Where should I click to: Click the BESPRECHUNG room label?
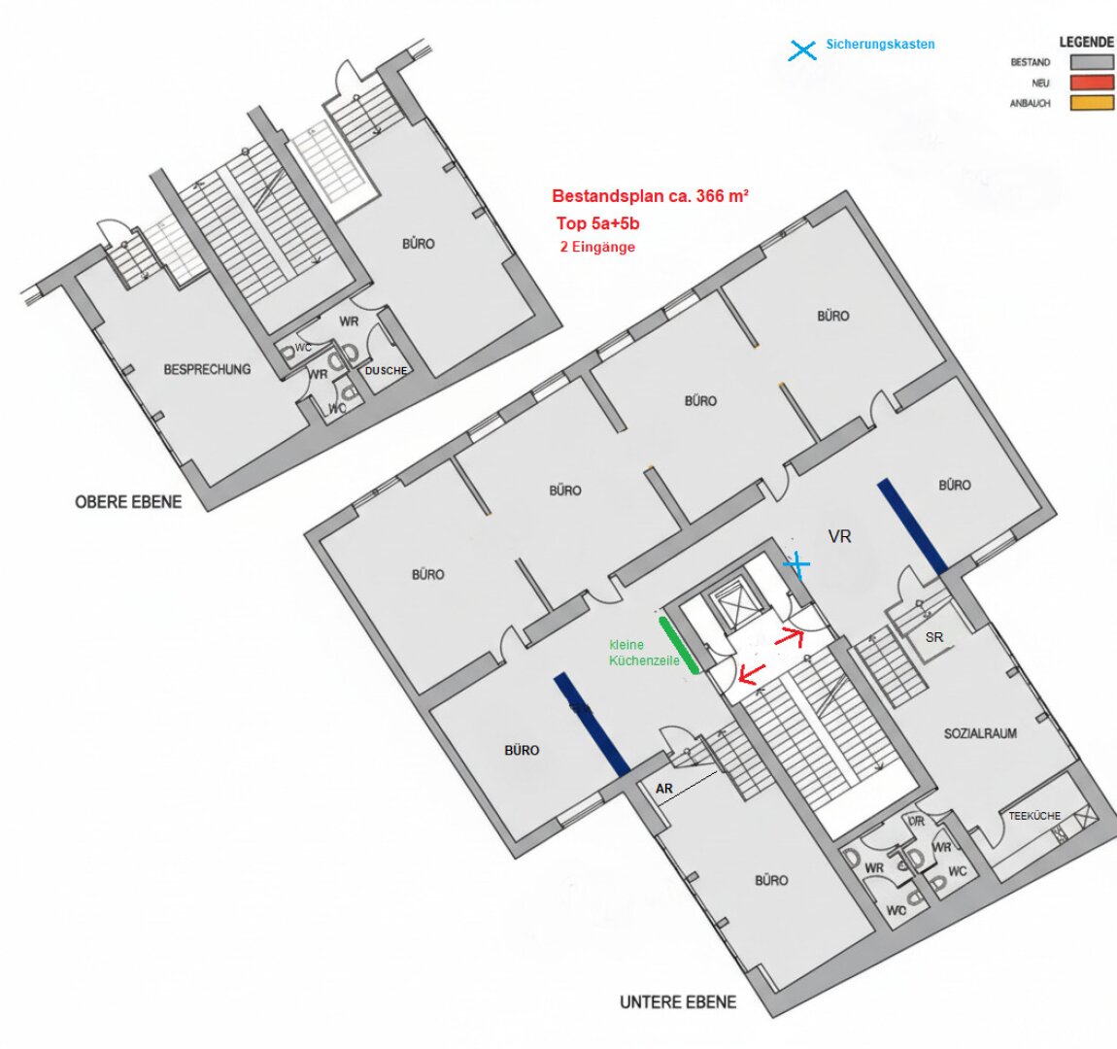[x=207, y=369]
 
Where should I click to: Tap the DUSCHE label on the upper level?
[x=387, y=371]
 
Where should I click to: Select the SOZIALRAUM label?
[x=980, y=733]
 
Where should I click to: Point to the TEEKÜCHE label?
[x=1034, y=816]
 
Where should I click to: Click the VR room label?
[x=840, y=536]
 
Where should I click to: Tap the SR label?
[x=934, y=637]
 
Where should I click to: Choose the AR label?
[x=664, y=789]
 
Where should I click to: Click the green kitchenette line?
[x=679, y=645]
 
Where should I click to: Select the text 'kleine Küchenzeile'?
[x=644, y=653]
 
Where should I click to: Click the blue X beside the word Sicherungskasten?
[x=802, y=51]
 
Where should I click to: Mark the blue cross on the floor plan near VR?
[x=797, y=564]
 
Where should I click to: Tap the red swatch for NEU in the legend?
[x=1092, y=83]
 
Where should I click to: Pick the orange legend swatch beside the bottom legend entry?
[x=1092, y=103]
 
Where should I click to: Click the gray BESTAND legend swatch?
[x=1092, y=62]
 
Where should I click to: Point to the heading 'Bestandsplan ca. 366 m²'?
[x=650, y=196]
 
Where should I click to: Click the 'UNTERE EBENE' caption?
[x=677, y=1002]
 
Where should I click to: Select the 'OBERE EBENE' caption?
[x=128, y=502]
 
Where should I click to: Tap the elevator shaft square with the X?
[x=730, y=607]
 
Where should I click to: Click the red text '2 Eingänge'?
[x=597, y=247]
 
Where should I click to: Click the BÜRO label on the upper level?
[x=419, y=244]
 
